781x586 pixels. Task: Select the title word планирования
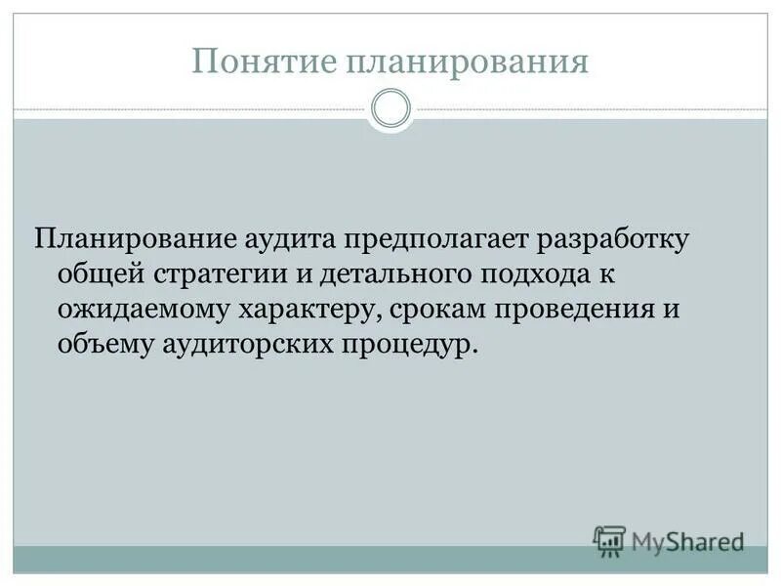(x=466, y=62)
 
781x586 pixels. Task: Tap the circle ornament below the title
(x=391, y=108)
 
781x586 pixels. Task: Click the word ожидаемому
(x=142, y=311)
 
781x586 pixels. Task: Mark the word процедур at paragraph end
(x=411, y=347)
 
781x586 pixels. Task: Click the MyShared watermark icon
(x=609, y=539)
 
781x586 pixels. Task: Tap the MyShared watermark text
(x=687, y=539)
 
